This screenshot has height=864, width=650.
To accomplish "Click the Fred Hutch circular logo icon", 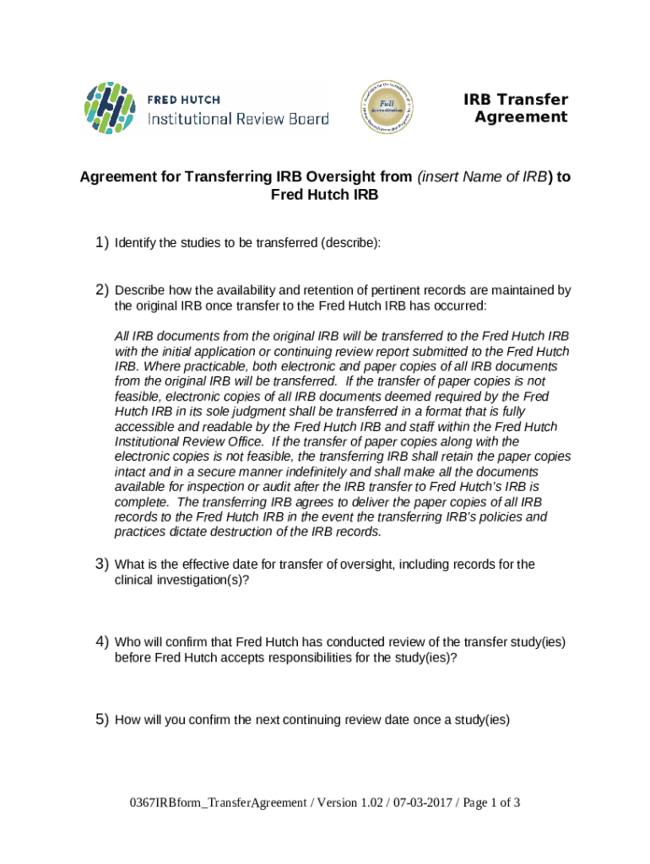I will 109,109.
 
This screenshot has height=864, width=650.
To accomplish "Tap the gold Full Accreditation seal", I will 387,107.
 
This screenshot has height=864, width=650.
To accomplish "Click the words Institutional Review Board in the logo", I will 238,119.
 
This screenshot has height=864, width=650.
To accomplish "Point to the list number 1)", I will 101,243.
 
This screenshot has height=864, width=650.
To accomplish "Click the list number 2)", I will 101,290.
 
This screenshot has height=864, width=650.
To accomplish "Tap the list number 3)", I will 101,564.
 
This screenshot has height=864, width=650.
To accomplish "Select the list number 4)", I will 101,642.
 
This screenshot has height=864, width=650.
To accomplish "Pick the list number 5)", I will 101,720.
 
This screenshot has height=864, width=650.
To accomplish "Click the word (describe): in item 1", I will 350,243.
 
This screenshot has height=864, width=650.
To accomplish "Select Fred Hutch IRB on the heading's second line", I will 324,195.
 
